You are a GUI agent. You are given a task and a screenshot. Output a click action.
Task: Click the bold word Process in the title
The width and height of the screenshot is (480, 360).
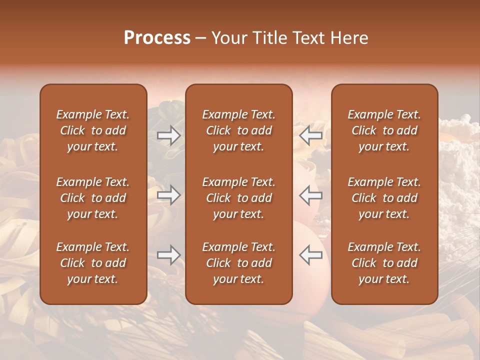157,38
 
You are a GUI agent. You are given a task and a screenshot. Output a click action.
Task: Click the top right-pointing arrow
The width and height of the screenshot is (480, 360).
168,135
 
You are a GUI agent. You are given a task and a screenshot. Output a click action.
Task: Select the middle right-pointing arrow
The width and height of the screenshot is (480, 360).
168,195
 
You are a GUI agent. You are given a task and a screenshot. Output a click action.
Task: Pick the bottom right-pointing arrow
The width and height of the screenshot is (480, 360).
168,255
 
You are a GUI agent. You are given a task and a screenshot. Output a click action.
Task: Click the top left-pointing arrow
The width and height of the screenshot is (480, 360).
311,135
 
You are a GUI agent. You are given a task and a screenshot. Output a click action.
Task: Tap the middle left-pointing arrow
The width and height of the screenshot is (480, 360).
311,195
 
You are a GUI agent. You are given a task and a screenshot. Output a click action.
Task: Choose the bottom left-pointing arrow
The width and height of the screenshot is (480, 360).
311,255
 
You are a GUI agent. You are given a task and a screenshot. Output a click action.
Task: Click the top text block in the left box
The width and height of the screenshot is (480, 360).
93,130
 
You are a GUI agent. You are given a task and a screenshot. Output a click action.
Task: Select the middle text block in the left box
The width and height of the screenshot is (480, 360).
93,198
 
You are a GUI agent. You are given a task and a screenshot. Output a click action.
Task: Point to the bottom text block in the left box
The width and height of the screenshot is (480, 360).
93,263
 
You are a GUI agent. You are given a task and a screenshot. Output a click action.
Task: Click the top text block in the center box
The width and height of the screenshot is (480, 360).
238,130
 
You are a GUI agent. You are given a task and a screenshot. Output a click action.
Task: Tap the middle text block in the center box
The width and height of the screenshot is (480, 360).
238,198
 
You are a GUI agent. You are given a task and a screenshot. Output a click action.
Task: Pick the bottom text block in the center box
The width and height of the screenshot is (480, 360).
238,263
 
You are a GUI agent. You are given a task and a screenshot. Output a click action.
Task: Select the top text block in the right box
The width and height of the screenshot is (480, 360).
384,130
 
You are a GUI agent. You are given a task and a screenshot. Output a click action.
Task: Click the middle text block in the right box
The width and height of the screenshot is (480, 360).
384,198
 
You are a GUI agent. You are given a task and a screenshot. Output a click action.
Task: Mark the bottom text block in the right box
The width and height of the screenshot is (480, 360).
384,263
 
